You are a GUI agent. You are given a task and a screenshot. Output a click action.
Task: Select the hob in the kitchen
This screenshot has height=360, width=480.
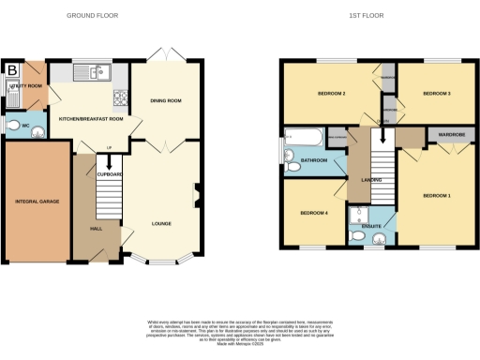click(119, 97)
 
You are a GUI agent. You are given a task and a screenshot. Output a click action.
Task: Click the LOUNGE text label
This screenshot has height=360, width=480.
click(161, 223)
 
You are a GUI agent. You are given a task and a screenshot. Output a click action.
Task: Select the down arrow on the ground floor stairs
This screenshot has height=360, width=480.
click(109, 163)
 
